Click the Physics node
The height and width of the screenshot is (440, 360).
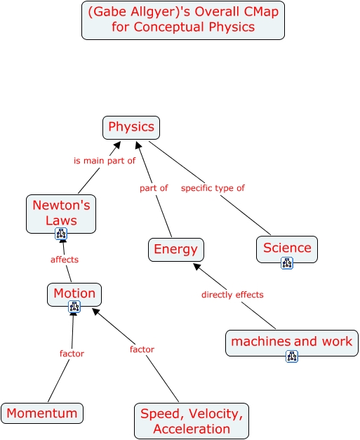tap(131, 128)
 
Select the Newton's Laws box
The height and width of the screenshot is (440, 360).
tap(61, 214)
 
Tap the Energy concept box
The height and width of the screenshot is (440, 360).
tap(176, 250)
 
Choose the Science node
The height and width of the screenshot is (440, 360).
tap(287, 249)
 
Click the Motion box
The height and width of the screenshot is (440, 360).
tap(74, 294)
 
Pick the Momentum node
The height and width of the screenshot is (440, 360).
tap(42, 413)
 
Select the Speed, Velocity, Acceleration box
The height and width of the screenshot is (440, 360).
tap(192, 421)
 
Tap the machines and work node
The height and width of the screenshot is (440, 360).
tap(292, 343)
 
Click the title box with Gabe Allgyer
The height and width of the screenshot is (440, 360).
tap(183, 20)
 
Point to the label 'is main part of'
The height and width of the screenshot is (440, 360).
tap(105, 161)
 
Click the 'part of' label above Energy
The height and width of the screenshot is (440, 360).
tap(154, 188)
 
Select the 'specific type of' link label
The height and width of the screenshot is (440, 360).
tap(213, 188)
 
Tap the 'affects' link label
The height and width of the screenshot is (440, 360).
tap(65, 260)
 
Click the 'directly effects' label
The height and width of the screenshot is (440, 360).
tap(232, 295)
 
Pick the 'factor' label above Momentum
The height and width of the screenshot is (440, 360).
tap(72, 353)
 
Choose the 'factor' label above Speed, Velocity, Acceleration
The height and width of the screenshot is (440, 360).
tap(142, 349)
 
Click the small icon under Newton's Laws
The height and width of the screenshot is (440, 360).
tap(61, 234)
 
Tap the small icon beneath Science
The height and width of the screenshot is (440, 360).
tap(287, 263)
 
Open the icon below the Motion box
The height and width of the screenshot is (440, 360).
tap(74, 307)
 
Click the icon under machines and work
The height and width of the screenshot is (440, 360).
tap(292, 356)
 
